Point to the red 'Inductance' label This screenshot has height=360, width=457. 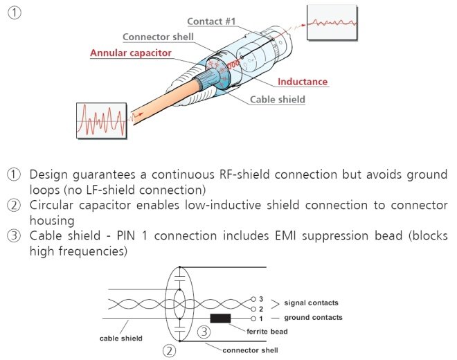303,82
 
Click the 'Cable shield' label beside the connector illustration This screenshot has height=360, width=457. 277,99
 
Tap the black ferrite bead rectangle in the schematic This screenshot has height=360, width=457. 221,318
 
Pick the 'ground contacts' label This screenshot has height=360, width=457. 313,317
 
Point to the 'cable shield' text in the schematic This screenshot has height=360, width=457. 122,338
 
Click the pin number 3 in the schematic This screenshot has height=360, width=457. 260,299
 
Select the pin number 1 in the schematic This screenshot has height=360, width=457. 260,318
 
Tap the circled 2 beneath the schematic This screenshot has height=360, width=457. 169,351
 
